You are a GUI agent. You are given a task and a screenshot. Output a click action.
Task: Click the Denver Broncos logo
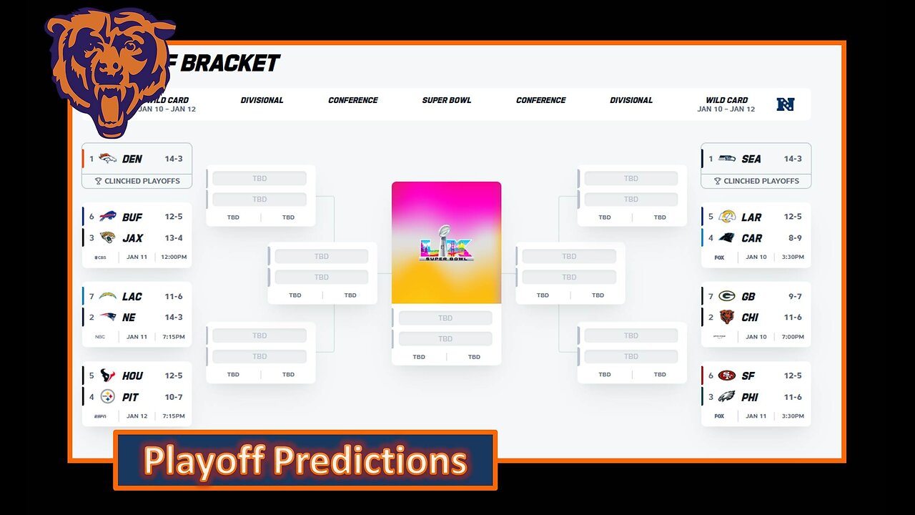point(107,159)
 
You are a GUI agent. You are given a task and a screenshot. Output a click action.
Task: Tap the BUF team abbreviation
point(132,217)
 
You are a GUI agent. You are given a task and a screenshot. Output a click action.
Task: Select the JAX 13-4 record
point(174,238)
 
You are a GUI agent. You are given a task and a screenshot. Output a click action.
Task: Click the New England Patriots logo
point(107,318)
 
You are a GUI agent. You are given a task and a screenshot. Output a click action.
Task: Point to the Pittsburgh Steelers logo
point(107,397)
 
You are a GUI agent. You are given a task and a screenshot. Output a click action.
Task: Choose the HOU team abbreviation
point(132,376)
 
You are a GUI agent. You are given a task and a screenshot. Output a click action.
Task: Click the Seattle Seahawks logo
point(726,159)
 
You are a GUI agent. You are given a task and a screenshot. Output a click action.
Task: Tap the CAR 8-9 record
point(792,238)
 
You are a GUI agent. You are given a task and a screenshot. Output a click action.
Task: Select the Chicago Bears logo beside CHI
point(726,318)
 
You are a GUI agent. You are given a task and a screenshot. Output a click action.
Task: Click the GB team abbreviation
point(748,297)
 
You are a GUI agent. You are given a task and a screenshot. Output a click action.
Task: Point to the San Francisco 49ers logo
point(726,376)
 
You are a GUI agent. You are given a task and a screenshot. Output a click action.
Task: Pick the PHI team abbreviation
point(750,397)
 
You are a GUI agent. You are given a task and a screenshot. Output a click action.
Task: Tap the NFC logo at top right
point(786,104)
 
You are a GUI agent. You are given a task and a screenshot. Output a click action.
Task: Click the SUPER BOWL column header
point(446,100)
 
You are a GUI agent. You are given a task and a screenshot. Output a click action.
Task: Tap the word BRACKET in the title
point(229,64)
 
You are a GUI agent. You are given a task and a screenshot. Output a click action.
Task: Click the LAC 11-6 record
point(174,297)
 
